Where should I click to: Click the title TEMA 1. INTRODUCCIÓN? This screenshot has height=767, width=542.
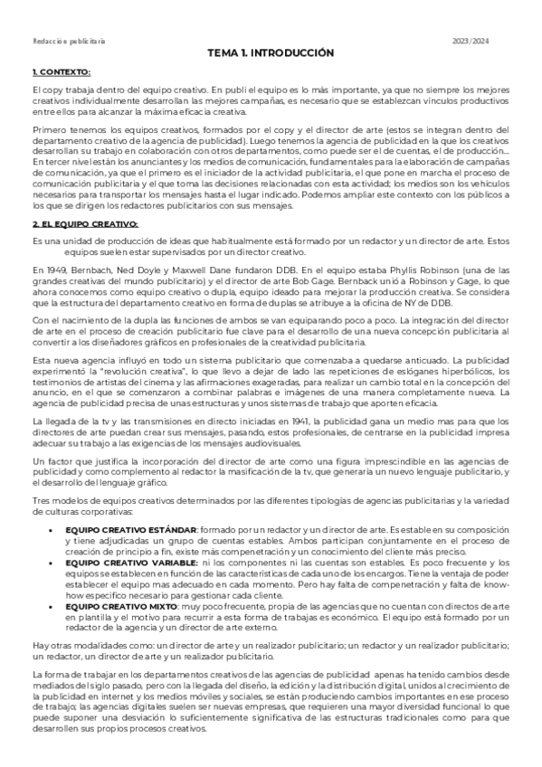tap(271, 53)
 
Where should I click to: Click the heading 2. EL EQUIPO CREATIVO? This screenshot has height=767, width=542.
tap(83, 223)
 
